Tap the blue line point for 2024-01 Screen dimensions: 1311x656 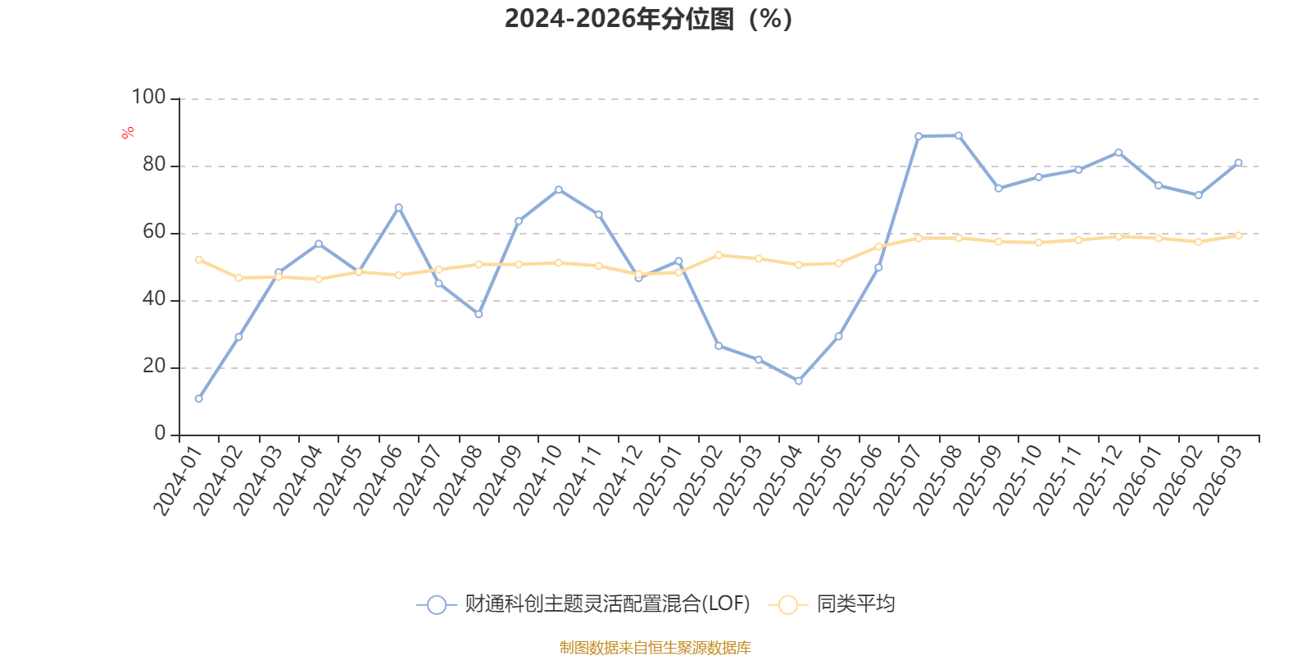[x=199, y=399]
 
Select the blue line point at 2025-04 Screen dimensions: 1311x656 [x=798, y=380]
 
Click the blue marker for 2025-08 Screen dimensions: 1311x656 [x=959, y=136]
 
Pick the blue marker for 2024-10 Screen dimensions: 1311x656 [x=559, y=189]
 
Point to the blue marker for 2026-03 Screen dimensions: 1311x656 [x=1238, y=163]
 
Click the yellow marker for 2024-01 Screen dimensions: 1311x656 [x=199, y=259]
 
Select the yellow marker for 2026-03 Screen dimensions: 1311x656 [x=1238, y=235]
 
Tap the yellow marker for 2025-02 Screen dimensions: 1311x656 [x=719, y=255]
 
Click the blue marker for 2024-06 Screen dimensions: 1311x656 [x=398, y=207]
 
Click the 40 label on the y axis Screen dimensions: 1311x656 [x=155, y=299]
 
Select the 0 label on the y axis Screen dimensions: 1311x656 [x=161, y=434]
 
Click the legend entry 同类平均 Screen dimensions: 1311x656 [x=832, y=604]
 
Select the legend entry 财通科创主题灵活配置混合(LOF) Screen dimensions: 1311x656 [x=583, y=604]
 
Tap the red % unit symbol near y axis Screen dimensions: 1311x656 [x=128, y=133]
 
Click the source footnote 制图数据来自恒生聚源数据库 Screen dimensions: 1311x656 [x=655, y=647]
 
